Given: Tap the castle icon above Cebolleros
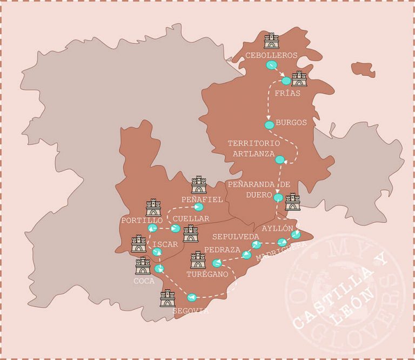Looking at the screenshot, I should click(271, 41).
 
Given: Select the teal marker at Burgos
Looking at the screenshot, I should click(269, 125).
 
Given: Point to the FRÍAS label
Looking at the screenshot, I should click(285, 93).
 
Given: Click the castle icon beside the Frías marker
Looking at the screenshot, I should click(299, 79).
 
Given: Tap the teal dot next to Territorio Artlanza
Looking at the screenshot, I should click(279, 159).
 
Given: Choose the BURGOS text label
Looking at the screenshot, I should click(291, 122).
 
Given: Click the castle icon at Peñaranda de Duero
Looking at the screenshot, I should click(292, 202).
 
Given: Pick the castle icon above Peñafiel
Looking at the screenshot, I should click(199, 185).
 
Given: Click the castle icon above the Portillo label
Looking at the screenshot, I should click(153, 208).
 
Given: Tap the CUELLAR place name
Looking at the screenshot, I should click(191, 218).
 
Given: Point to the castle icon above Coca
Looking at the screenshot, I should click(143, 265).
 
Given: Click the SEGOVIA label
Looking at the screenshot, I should click(190, 311).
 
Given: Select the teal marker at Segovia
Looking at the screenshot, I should click(191, 297).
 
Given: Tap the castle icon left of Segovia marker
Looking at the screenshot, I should click(168, 298).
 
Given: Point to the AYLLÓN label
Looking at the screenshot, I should click(277, 228).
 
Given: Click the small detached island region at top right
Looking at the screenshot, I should click(363, 69).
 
